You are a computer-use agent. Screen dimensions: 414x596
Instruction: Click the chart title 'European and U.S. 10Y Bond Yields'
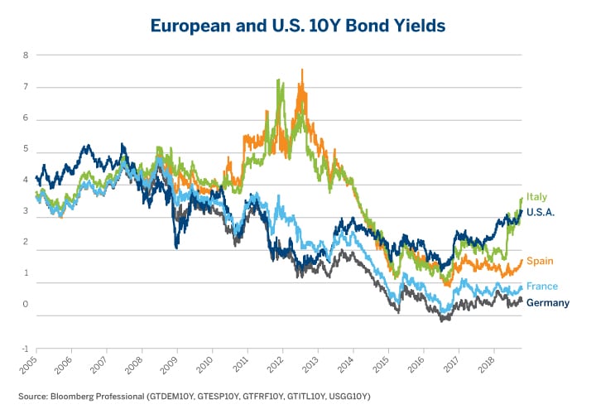[x=298, y=26]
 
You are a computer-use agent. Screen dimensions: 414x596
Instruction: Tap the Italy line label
[x=536, y=196]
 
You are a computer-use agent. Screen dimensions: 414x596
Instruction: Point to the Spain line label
[x=540, y=261]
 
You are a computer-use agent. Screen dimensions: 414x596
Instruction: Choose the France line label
[x=542, y=286]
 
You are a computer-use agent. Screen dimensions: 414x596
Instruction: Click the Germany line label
[x=548, y=303]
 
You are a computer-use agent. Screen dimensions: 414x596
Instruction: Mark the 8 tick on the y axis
[x=26, y=55]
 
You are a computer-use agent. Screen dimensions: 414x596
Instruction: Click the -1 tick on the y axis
[x=24, y=349]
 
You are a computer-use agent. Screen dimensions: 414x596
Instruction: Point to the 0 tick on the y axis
[x=26, y=305]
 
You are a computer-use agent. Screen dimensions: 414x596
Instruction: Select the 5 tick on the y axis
[x=26, y=149]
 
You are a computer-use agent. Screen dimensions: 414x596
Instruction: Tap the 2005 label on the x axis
[x=32, y=365]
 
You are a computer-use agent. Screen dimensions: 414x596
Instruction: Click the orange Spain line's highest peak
[x=302, y=70]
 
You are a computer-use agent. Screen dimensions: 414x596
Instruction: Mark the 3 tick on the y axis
[x=26, y=211]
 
